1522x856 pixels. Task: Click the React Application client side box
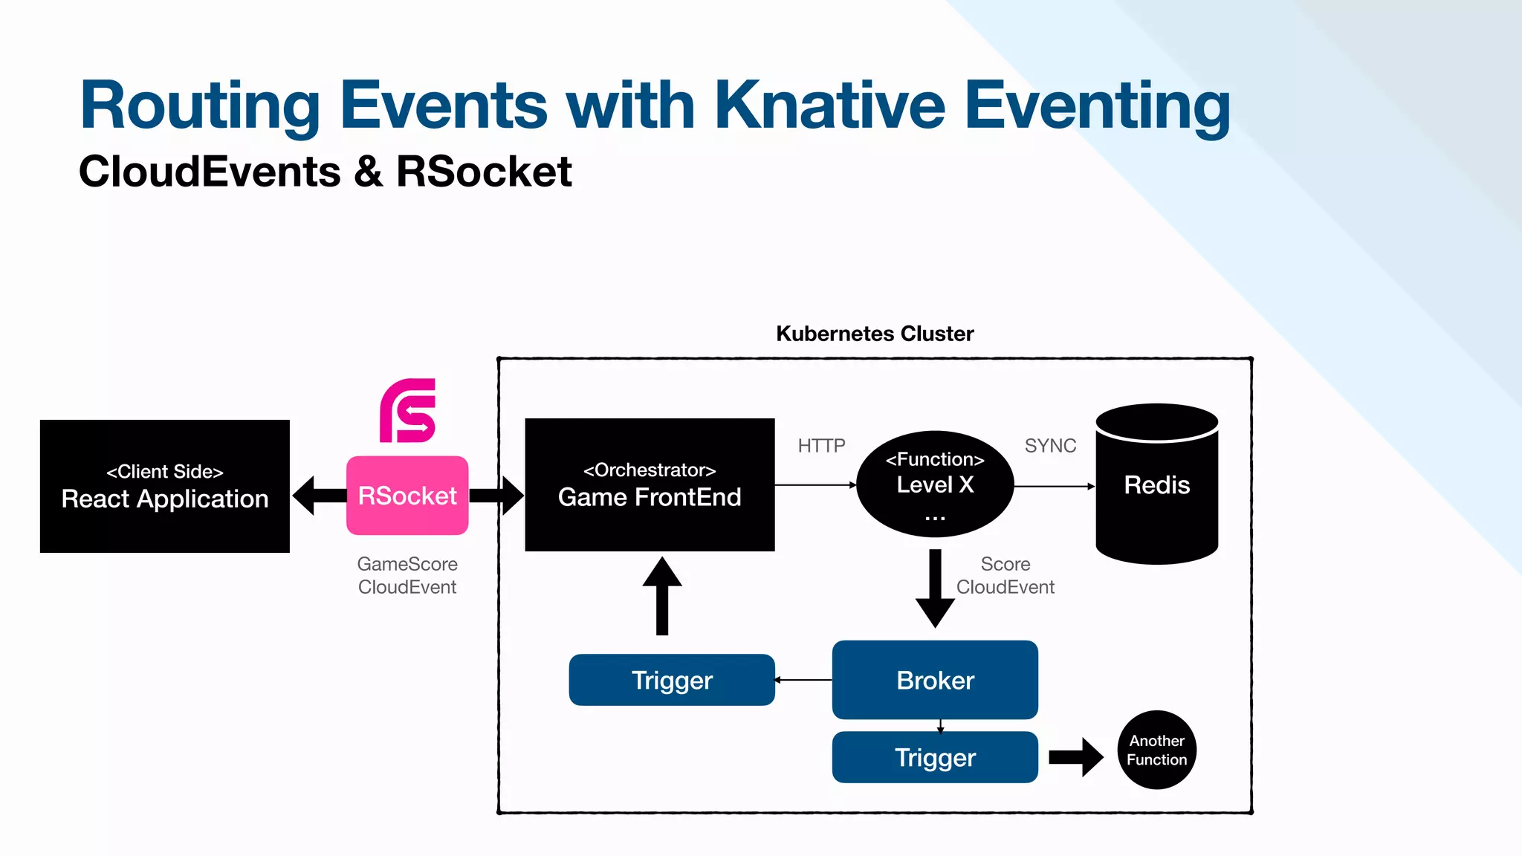[x=164, y=486]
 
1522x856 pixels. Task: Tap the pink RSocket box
[x=407, y=496]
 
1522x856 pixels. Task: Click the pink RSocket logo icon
[x=407, y=411]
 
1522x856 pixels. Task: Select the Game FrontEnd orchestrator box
[x=650, y=484]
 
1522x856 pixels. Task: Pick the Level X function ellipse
[x=935, y=484]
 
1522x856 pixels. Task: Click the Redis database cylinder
[x=1156, y=484]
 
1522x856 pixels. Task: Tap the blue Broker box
[x=935, y=680]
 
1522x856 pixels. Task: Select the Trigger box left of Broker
[x=672, y=680]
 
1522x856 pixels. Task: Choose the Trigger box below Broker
[x=935, y=757]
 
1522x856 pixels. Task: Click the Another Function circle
[x=1156, y=750]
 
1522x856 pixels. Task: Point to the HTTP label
[x=821, y=446]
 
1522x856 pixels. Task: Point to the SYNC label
[x=1050, y=446]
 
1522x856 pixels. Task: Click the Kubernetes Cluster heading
[x=875, y=334]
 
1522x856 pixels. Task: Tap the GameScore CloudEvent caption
[x=407, y=575]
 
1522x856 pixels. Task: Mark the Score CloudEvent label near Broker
[x=1005, y=575]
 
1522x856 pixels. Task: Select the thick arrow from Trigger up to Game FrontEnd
[x=662, y=597]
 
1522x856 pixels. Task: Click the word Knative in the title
[x=829, y=105]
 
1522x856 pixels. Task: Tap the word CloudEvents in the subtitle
[x=210, y=172]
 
